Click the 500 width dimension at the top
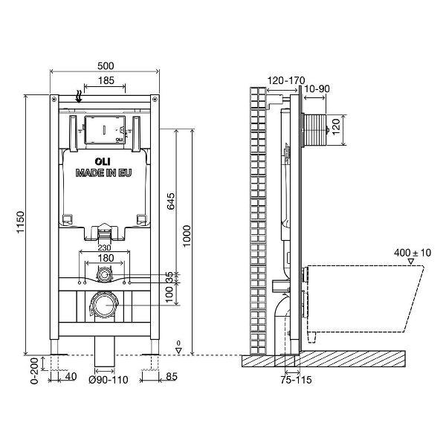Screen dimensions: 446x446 pyautogui.click(x=104, y=65)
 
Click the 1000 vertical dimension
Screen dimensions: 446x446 pyautogui.click(x=188, y=237)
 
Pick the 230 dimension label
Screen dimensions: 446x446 pyautogui.click(x=105, y=248)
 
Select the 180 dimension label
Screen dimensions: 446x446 pyautogui.click(x=105, y=259)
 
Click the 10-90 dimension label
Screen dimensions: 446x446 pyautogui.click(x=317, y=88)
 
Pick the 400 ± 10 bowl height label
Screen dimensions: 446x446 pyautogui.click(x=413, y=253)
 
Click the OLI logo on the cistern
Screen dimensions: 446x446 pyautogui.click(x=103, y=159)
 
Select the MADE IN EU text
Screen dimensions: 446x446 pyautogui.click(x=104, y=172)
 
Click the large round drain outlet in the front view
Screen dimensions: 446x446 pyautogui.click(x=103, y=304)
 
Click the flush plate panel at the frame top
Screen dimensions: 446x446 pyautogui.click(x=104, y=131)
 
